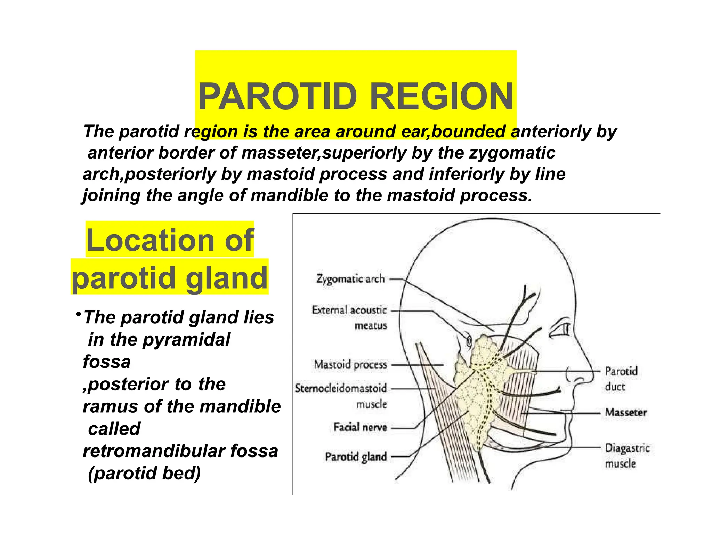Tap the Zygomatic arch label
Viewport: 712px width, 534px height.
(350, 279)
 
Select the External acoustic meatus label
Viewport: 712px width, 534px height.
(349, 317)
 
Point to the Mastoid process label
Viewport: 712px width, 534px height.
(350, 364)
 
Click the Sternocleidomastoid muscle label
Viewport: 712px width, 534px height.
(341, 396)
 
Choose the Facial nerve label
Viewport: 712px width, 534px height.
(360, 427)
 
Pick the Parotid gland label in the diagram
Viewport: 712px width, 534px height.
(356, 456)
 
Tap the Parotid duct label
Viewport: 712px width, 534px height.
(621, 379)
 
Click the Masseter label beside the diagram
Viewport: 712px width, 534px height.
(626, 412)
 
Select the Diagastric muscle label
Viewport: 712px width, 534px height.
(627, 455)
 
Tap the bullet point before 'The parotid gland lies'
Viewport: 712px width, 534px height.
(79, 314)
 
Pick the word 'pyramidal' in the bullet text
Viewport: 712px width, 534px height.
(186, 340)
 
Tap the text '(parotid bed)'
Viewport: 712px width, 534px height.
(144, 473)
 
